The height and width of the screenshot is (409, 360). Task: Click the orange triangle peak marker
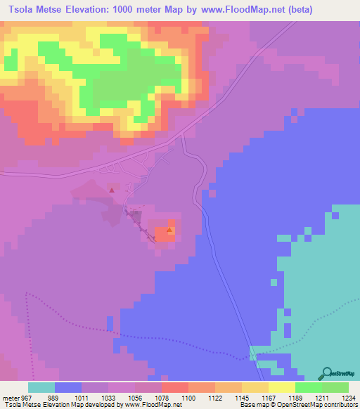click(169, 230)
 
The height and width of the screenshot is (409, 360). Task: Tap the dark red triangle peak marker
click(111, 189)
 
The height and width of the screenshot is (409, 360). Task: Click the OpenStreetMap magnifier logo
click(328, 373)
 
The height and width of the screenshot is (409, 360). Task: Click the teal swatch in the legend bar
click(41, 387)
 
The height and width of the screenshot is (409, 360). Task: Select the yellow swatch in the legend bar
click(282, 387)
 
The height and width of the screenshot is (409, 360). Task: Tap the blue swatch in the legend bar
click(68, 387)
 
